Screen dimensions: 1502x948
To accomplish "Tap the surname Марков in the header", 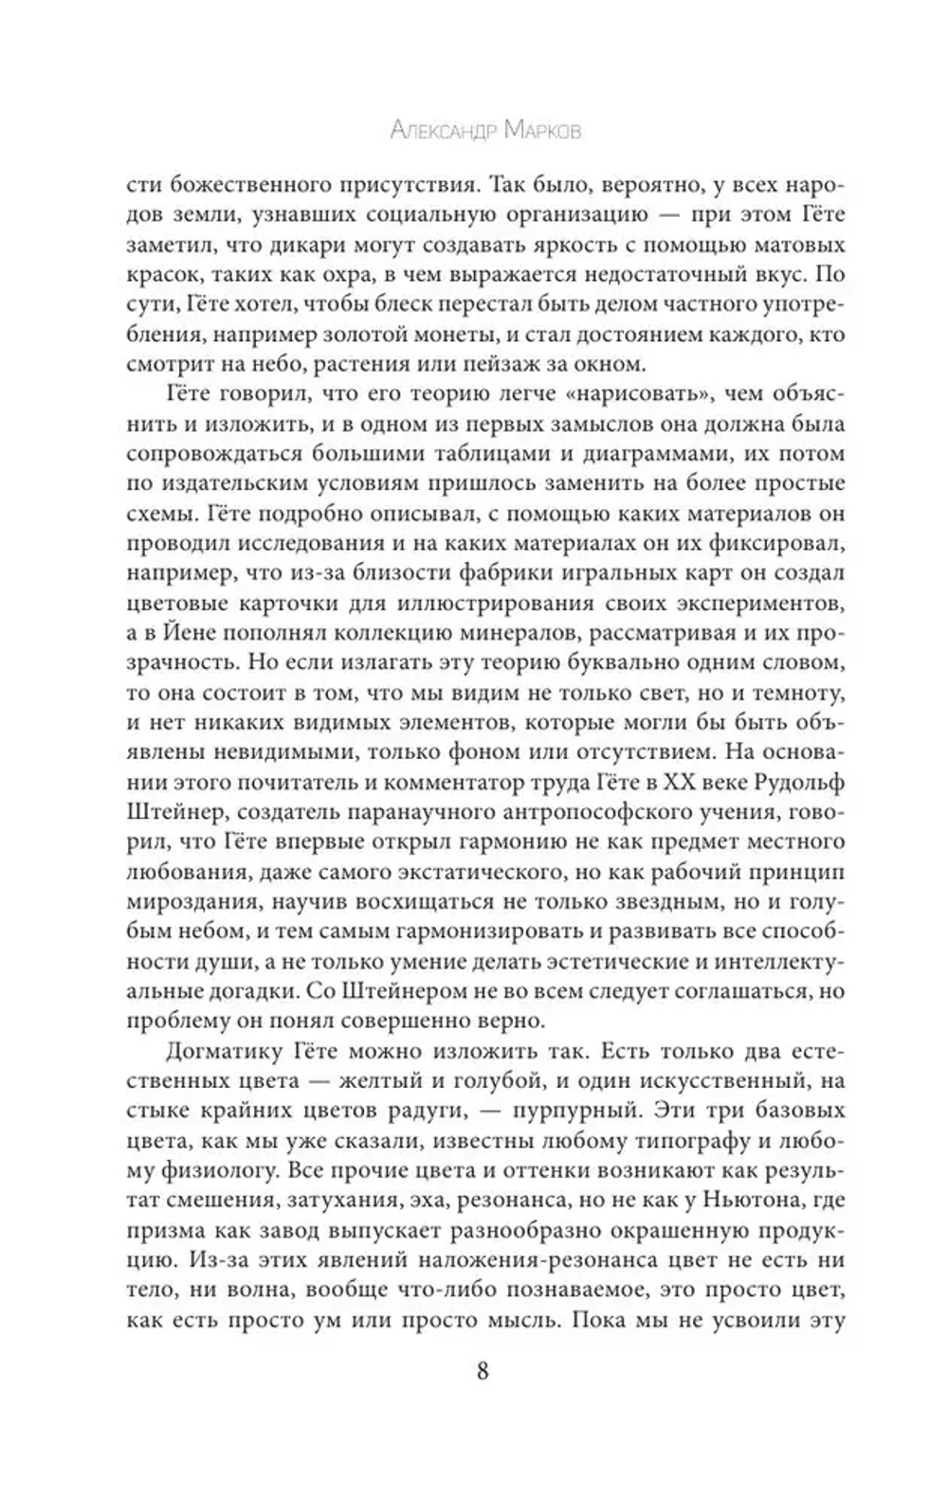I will tap(534, 130).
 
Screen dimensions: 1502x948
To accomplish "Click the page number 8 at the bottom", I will tap(482, 1371).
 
